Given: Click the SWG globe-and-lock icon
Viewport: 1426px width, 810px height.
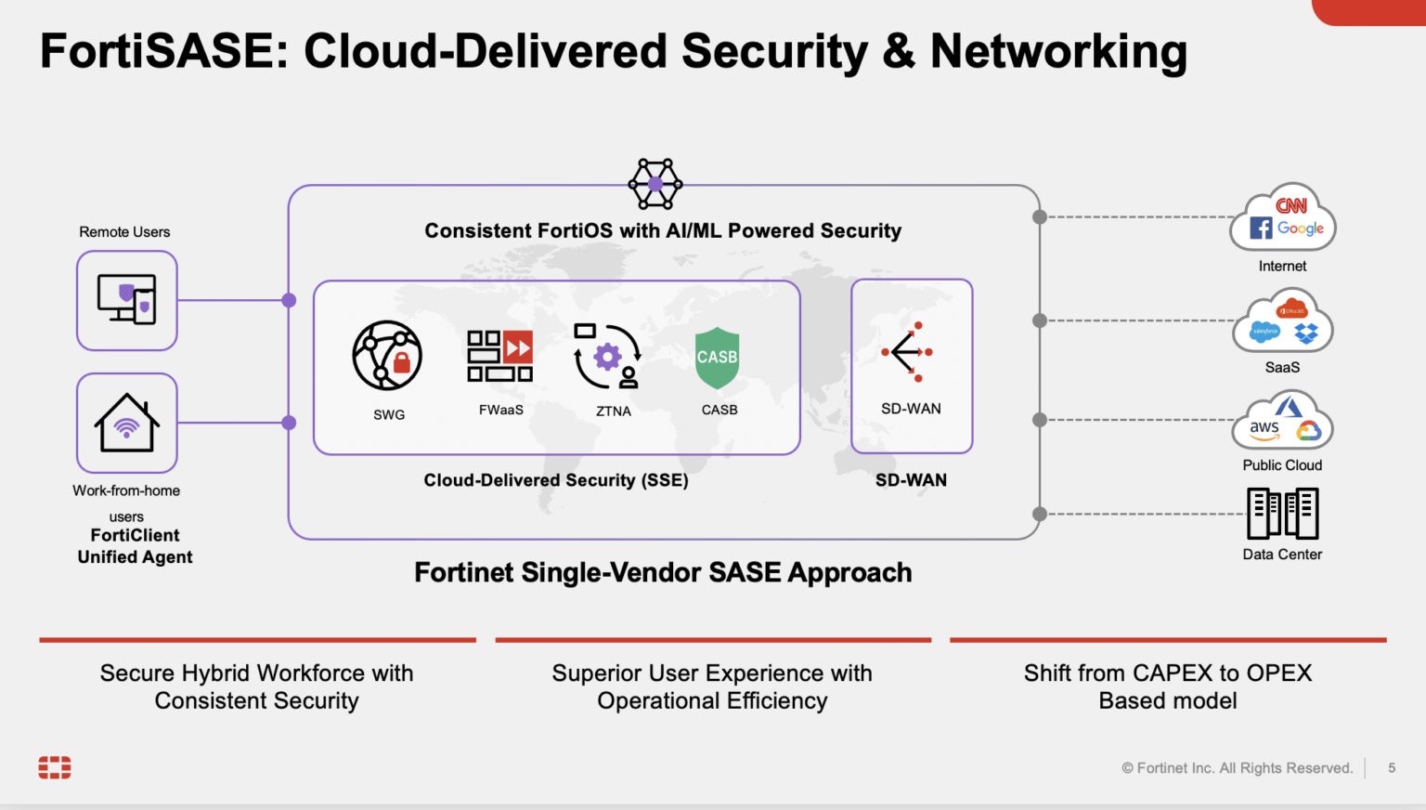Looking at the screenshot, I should tap(387, 356).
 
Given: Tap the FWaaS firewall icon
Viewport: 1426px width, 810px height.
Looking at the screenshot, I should tap(499, 356).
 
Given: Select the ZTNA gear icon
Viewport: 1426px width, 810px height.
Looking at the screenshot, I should tap(607, 356).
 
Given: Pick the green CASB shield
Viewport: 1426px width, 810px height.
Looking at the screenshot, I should tap(718, 358).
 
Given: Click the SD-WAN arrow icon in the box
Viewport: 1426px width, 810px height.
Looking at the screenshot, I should tap(907, 352).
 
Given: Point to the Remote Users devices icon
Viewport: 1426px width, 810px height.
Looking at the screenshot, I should tap(126, 299).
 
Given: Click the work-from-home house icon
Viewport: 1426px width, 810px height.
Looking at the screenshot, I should tap(126, 423).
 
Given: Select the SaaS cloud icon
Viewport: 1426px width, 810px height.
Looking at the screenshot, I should tap(1283, 321).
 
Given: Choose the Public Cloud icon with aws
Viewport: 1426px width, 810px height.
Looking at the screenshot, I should tap(1283, 422).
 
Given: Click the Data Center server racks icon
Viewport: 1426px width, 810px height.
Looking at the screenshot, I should tap(1282, 513).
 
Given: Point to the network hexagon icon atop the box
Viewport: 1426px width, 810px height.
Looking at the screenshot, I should tap(655, 184).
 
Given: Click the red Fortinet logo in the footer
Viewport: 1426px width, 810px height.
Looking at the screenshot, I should tap(55, 767).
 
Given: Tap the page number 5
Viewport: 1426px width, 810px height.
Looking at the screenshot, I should tap(1392, 767).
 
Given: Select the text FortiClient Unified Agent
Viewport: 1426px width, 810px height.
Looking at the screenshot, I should tap(136, 546).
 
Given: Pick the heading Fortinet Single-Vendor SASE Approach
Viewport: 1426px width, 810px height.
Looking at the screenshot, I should tap(663, 572).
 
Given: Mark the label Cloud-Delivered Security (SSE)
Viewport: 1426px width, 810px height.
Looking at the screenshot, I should tap(556, 480).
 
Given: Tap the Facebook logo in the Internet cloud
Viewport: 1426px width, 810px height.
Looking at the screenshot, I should tap(1261, 228).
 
